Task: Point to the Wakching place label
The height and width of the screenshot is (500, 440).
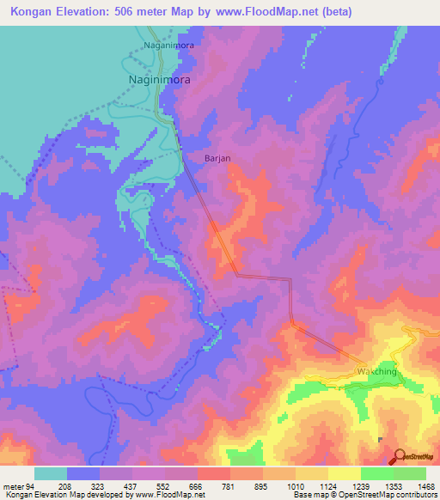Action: point(376,371)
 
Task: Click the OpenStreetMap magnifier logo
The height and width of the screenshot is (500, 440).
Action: point(400,456)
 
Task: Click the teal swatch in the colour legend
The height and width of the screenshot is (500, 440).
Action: point(51,473)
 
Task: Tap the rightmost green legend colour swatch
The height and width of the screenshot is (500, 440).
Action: point(410,473)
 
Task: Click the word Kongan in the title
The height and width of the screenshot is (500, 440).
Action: point(34,12)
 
